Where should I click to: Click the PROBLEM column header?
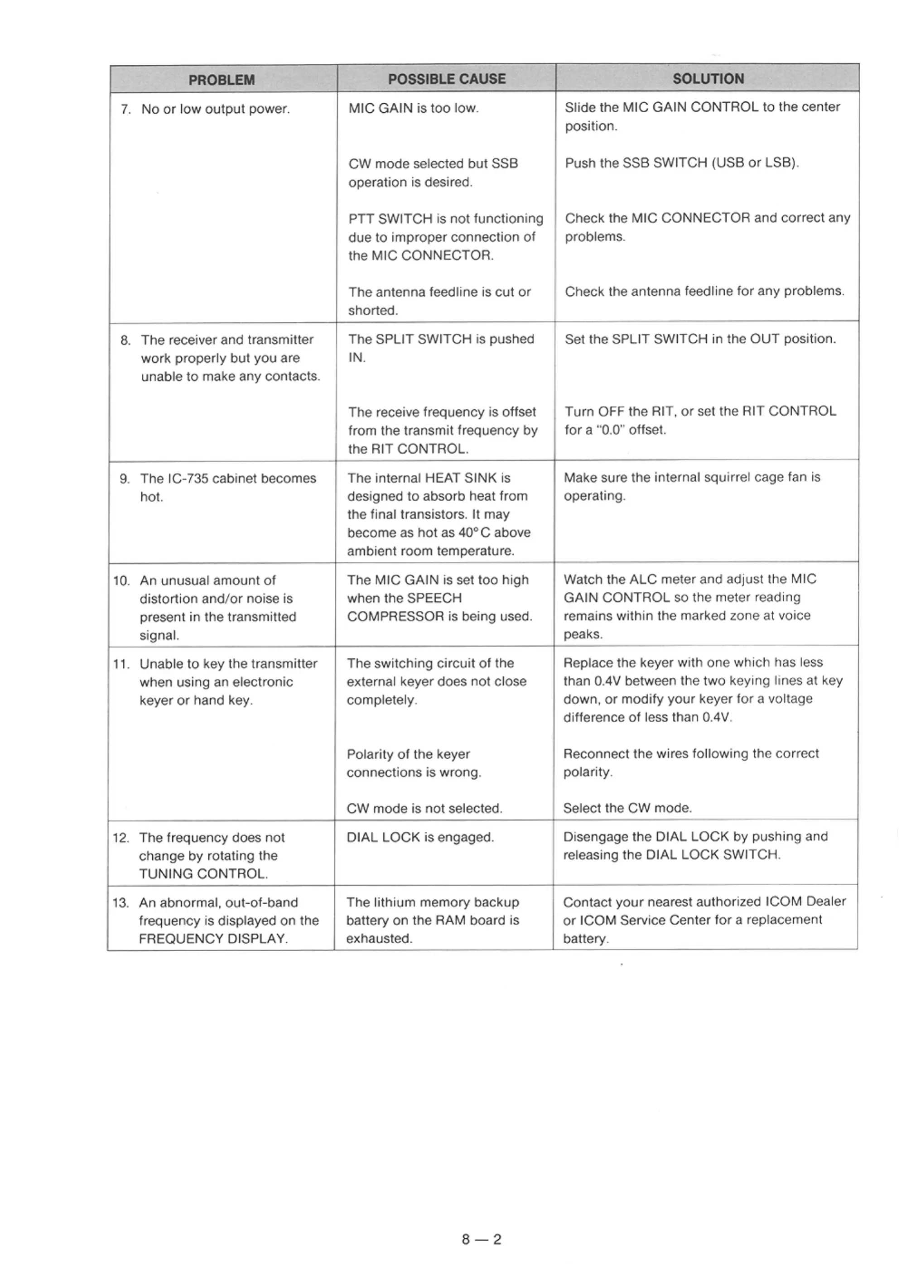[x=222, y=80]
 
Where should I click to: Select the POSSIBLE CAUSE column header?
[x=446, y=79]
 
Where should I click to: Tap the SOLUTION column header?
[x=708, y=79]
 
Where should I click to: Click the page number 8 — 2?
[x=482, y=1239]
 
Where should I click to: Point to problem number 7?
[x=125, y=109]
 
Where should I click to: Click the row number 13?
[x=120, y=902]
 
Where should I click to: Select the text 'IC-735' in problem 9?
[x=188, y=478]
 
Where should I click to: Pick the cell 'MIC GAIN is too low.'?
[x=414, y=108]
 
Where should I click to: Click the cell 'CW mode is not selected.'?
[x=424, y=808]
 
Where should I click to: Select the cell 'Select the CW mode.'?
[x=627, y=808]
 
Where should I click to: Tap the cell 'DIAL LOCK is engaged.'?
[x=420, y=837]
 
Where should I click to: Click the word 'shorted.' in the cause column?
[x=373, y=311]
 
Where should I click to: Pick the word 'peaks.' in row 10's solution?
[x=583, y=634]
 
